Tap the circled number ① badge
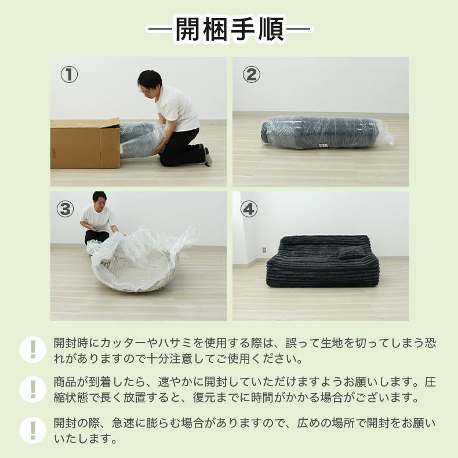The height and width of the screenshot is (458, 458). point(69,75)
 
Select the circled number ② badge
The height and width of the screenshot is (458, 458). point(251,75)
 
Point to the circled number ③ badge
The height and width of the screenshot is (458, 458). point(66,209)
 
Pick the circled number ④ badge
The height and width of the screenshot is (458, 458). point(249,209)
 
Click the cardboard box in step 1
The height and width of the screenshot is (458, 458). point(84,144)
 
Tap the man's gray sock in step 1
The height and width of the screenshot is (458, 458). point(208,157)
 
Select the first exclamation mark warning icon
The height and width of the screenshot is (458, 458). point(32,350)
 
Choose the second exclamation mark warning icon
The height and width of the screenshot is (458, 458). point(32,390)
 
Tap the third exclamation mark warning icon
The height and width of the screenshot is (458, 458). point(32,430)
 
